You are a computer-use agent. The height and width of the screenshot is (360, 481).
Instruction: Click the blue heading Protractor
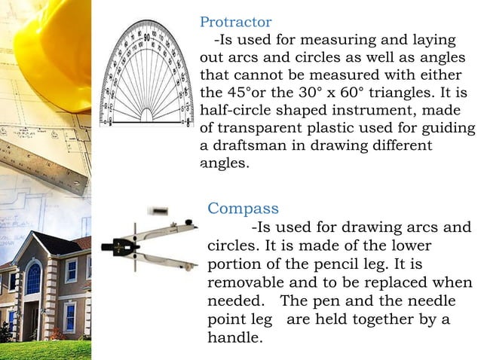click(x=235, y=23)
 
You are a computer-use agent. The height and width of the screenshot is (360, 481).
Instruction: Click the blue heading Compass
click(x=243, y=208)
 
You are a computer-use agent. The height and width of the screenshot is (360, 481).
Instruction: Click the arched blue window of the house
click(x=33, y=279)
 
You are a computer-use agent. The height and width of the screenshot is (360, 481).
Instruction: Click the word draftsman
click(x=253, y=145)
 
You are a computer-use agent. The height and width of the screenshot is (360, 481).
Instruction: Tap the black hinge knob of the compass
click(x=120, y=245)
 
